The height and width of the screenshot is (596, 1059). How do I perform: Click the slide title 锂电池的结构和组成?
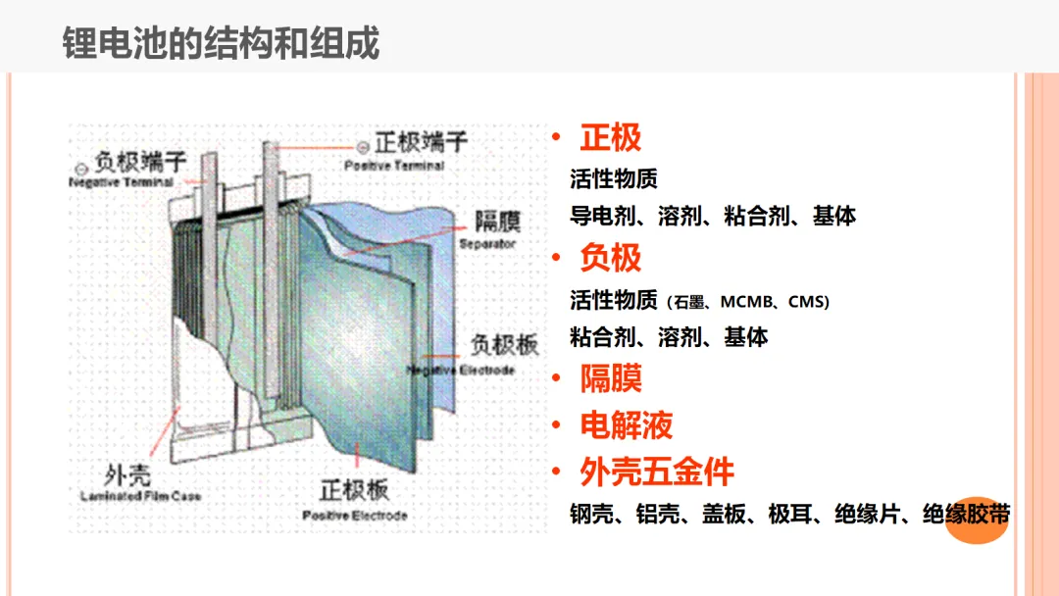coord(222,44)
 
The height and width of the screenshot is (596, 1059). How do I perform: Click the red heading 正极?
coord(610,138)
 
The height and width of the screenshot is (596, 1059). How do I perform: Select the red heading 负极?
coord(610,259)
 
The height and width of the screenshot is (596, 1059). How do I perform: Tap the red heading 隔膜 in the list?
coord(610,378)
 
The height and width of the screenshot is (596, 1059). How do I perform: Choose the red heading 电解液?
coord(626,425)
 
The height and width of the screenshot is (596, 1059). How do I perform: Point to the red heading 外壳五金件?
coord(656,472)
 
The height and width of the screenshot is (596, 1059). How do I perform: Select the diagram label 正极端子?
coord(421,144)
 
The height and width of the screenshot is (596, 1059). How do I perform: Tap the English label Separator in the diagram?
coord(487,244)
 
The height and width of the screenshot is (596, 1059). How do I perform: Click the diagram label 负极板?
coord(503,346)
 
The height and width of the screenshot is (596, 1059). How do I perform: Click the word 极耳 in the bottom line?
coord(790,515)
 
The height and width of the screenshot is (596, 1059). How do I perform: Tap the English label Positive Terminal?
coord(393,166)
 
